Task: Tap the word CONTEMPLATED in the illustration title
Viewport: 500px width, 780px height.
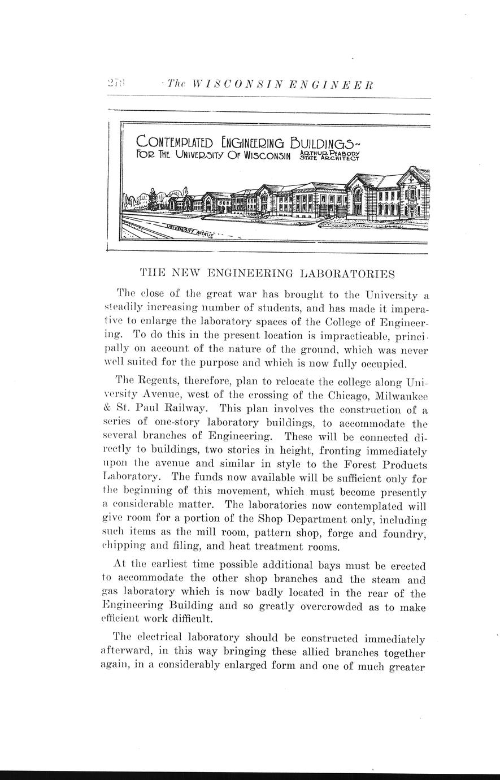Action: pyautogui.click(x=167, y=141)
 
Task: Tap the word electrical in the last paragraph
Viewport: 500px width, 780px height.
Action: pyautogui.click(x=162, y=638)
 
